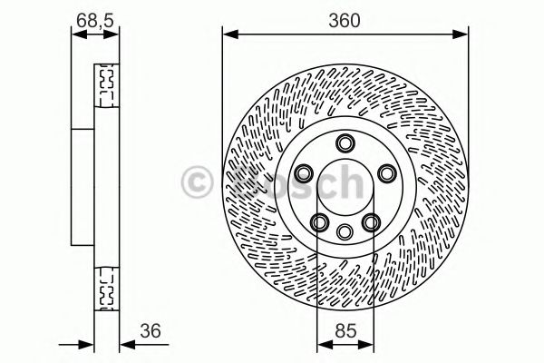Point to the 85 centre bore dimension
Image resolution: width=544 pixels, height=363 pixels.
point(344,331)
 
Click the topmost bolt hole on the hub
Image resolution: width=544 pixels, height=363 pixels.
point(345,143)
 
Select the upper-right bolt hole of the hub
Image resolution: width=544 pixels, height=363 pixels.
point(386,173)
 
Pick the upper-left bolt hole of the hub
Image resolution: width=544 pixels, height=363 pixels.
point(304,173)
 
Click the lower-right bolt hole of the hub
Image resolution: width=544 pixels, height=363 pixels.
point(371,221)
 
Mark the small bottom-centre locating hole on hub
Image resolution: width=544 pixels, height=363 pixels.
point(345,232)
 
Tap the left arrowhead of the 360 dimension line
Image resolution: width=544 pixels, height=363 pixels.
point(228,35)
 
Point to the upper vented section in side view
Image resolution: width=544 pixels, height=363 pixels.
point(107,83)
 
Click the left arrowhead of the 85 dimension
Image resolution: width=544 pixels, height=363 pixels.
point(322,346)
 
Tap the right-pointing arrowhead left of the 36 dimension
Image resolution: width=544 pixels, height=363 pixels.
point(90,346)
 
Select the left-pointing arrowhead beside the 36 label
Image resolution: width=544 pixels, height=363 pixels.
point(125,346)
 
